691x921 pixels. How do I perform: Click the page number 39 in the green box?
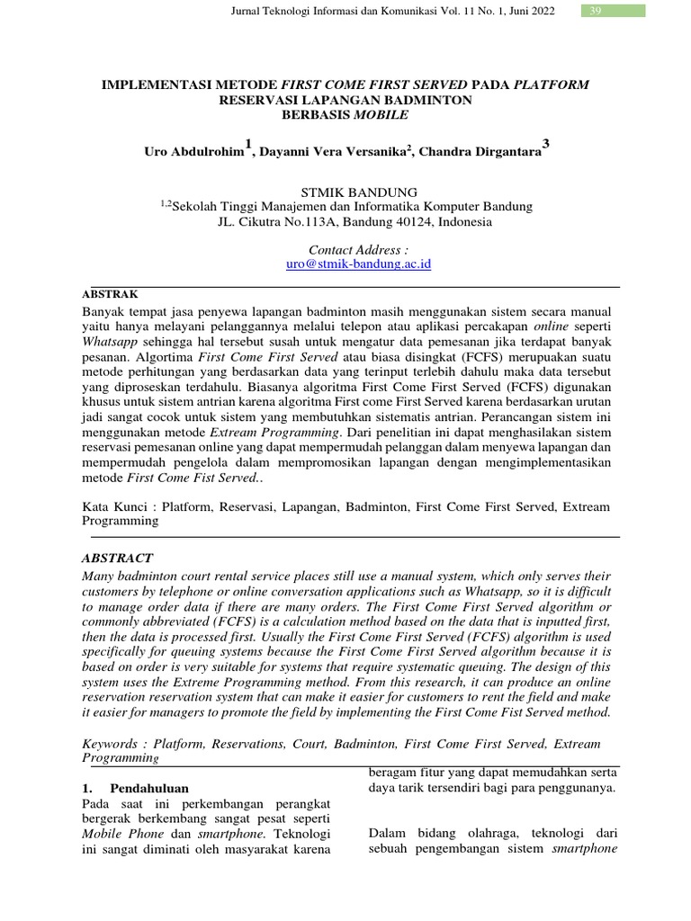coord(595,11)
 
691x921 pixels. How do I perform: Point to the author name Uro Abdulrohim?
coord(193,153)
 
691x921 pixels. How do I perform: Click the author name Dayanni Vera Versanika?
coord(333,153)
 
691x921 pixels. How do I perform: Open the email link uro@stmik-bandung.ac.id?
coord(345,264)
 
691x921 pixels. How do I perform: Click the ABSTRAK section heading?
coord(110,294)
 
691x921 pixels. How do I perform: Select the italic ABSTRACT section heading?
coord(117,558)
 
